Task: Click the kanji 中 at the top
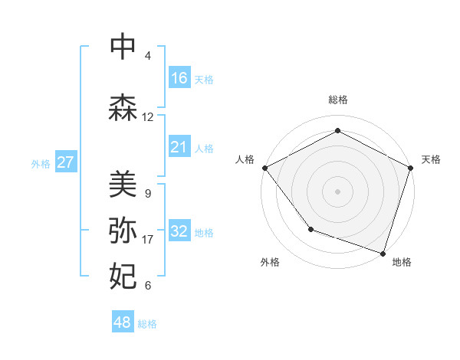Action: click(x=123, y=47)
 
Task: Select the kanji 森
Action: click(x=123, y=107)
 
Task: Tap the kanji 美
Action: click(x=123, y=184)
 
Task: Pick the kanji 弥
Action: click(x=123, y=231)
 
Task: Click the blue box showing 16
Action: click(x=179, y=78)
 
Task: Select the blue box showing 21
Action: click(x=179, y=147)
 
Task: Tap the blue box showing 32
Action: click(x=179, y=231)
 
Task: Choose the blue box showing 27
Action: click(x=65, y=162)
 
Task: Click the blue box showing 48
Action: click(x=123, y=322)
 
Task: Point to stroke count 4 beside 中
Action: click(x=148, y=56)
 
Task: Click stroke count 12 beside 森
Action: click(x=148, y=117)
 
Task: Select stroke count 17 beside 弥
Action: click(x=148, y=240)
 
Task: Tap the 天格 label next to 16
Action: click(x=204, y=79)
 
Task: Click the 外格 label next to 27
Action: click(x=41, y=163)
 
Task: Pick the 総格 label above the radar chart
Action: click(x=337, y=100)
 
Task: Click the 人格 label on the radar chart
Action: click(x=245, y=159)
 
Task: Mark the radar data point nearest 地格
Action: click(x=383, y=252)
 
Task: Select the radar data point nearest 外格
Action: click(x=310, y=228)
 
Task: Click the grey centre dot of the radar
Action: click(x=337, y=191)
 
